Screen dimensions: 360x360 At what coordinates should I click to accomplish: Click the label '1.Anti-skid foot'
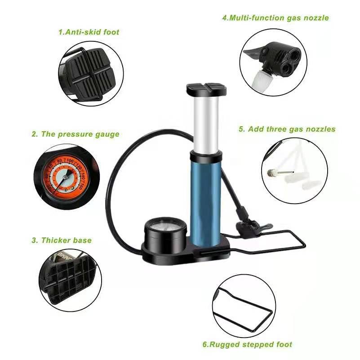pyautogui.click(x=89, y=32)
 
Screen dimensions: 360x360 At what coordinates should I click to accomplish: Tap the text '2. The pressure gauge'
pyautogui.click(x=76, y=134)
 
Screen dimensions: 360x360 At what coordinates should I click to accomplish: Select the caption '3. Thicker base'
pyautogui.click(x=62, y=240)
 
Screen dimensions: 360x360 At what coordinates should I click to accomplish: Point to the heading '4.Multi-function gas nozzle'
pyautogui.click(x=276, y=18)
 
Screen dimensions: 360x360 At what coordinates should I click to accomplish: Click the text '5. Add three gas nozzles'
pyautogui.click(x=287, y=129)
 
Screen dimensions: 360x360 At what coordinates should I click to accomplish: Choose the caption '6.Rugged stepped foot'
pyautogui.click(x=247, y=344)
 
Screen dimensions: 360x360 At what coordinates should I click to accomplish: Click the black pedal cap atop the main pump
pyautogui.click(x=206, y=90)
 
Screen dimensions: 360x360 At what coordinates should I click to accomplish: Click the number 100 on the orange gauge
pyautogui.click(x=70, y=161)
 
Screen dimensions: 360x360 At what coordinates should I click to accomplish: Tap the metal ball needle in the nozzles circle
pyautogui.click(x=280, y=172)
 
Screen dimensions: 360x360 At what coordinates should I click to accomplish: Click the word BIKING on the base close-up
pyautogui.click(x=65, y=257)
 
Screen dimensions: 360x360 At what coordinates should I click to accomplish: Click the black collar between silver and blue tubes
pyautogui.click(x=206, y=156)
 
